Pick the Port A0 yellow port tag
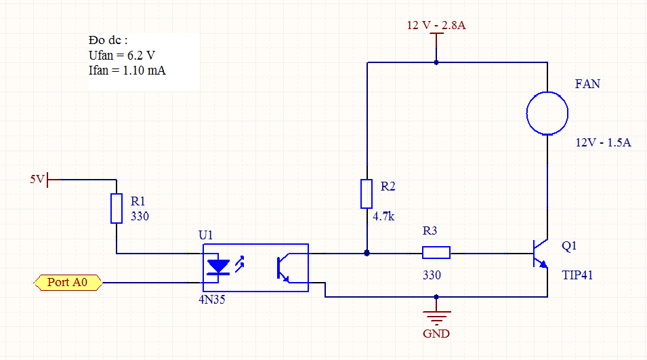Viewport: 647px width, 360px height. point(68,283)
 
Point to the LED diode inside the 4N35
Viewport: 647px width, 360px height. point(218,267)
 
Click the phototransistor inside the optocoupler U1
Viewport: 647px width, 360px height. point(283,268)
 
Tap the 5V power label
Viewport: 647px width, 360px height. point(37,179)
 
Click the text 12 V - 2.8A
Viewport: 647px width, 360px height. point(436,25)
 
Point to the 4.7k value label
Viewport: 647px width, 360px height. point(383,216)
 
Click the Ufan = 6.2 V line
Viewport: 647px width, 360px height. point(122,56)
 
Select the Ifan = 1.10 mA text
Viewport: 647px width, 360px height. point(127,71)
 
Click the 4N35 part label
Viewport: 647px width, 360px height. point(212,299)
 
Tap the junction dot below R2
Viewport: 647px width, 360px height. point(367,253)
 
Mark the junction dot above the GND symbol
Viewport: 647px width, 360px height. point(436,297)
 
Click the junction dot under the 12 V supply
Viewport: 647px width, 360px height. point(436,62)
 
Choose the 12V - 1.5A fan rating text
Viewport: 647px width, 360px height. point(603,142)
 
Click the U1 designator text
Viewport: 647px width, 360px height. point(205,235)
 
